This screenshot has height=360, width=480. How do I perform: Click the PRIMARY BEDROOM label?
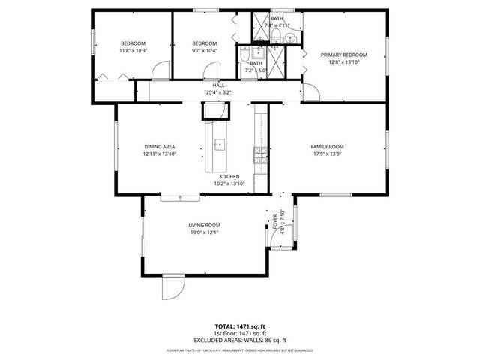point(344,55)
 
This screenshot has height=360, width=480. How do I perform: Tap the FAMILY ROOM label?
point(327,146)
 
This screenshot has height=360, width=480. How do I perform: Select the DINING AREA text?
point(159,146)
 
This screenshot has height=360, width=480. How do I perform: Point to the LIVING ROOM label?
point(204,225)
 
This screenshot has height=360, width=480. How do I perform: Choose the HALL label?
point(218,85)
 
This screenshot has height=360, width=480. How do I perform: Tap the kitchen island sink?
point(219,144)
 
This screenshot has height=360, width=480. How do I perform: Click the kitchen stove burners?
point(260,156)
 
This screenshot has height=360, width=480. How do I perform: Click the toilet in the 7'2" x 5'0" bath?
point(244,54)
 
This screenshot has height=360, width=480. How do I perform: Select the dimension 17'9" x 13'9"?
point(327,154)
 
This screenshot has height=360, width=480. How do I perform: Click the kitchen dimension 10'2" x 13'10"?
point(229,184)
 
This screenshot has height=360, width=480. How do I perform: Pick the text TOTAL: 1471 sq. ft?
point(239,327)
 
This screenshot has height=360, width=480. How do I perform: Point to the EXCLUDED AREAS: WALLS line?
point(239,340)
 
